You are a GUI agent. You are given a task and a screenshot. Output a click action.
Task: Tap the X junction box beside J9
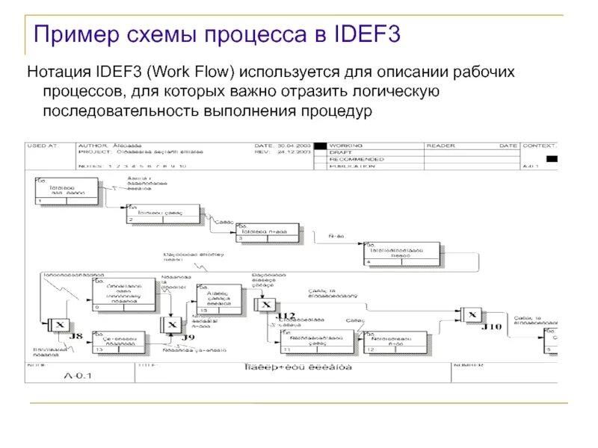point(171,326)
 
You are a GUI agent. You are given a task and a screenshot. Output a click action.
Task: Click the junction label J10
point(491,326)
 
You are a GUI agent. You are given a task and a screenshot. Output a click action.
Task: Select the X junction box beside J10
point(471,315)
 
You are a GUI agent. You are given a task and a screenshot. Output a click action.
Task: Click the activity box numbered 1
point(67,191)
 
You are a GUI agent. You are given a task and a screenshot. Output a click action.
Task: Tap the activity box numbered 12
point(395,341)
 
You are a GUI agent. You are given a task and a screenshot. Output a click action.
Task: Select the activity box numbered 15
point(220,298)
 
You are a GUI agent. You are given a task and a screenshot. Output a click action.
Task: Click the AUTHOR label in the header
point(91,146)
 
